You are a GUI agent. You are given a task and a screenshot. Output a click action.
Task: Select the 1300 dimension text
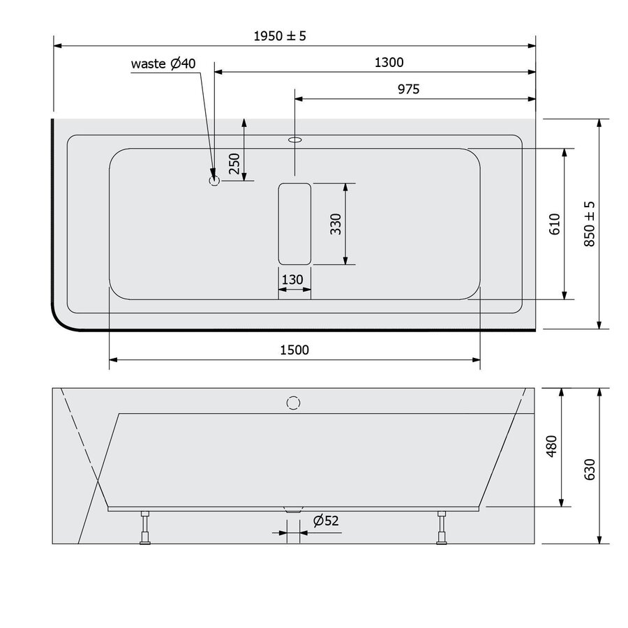point(389,62)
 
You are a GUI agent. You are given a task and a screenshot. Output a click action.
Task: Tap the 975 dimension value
point(408,89)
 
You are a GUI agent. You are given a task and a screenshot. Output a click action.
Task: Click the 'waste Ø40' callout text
point(164,63)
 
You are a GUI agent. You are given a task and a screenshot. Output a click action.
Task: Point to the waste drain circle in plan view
point(214,181)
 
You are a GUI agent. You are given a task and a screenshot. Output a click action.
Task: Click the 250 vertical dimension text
point(234,163)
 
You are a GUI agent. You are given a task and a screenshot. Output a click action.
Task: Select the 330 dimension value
point(336,223)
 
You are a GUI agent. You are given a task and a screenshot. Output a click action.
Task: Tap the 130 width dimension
point(292,280)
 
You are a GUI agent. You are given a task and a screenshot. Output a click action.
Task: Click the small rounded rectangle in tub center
point(294,223)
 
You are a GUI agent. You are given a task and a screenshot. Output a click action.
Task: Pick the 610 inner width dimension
point(555,223)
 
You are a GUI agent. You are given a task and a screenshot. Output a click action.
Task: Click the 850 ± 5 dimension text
point(590,223)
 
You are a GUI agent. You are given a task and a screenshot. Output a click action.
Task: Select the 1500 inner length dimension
point(294,350)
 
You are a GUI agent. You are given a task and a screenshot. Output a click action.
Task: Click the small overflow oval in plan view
point(294,140)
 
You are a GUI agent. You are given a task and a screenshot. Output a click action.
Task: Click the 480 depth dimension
point(551,447)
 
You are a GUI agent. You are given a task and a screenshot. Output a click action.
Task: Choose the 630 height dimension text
point(590,469)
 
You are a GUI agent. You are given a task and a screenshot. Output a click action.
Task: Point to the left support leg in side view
point(145,527)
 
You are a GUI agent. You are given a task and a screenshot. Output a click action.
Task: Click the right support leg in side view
point(442,527)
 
